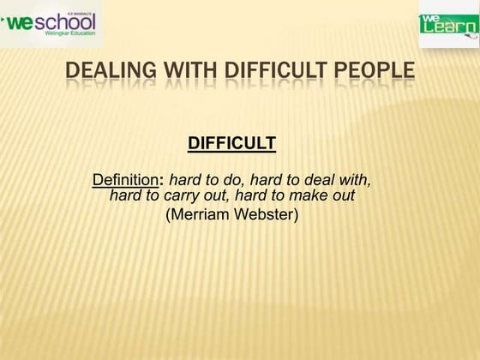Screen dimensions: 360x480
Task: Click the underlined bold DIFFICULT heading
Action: point(231,143)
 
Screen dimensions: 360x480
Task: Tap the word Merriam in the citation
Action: point(199,214)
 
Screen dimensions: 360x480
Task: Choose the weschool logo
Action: point(51,23)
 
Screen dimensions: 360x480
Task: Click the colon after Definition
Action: point(162,181)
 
